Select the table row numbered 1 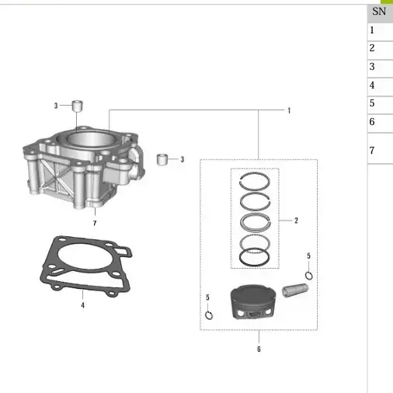(x=380, y=31)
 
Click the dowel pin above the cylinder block (x=77, y=106)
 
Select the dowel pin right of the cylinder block (x=162, y=159)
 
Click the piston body (x=253, y=302)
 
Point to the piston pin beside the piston (x=295, y=290)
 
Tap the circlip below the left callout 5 (x=209, y=315)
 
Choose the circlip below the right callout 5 (x=308, y=276)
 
